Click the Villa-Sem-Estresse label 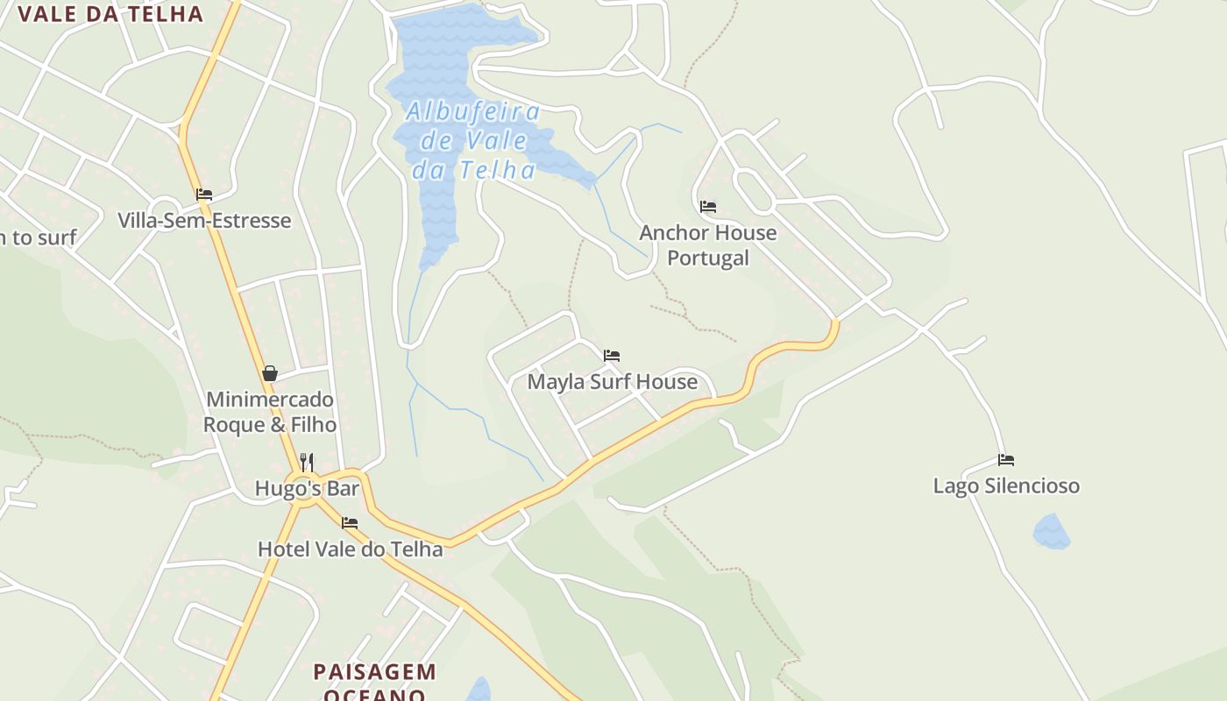204,220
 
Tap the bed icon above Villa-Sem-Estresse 204,195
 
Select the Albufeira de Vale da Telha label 473,140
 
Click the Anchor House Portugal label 708,244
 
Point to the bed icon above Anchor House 708,207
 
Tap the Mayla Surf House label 612,382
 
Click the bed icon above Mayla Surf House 612,356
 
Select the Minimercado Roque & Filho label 270,412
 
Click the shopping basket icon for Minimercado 270,374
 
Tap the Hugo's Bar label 295,488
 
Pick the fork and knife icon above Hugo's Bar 307,462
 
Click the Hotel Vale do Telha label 350,549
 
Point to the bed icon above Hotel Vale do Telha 350,523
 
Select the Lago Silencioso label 1006,485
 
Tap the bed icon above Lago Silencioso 1006,459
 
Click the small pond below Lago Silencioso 1051,532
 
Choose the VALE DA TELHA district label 110,14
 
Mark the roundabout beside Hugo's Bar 305,491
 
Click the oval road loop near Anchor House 754,189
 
